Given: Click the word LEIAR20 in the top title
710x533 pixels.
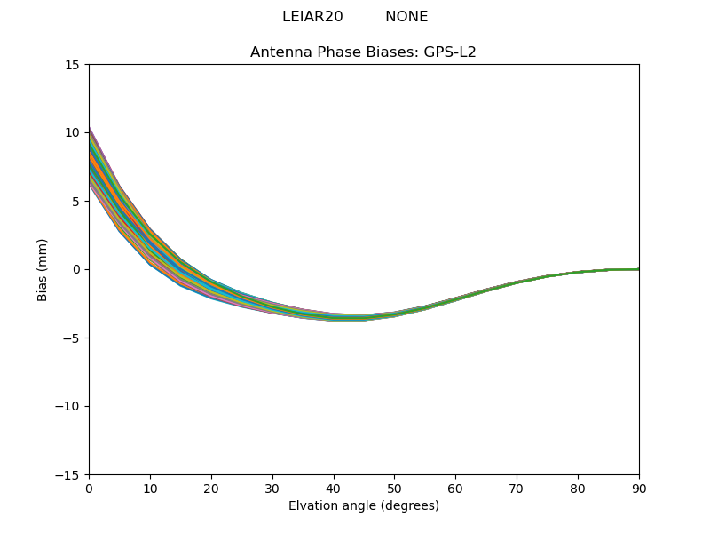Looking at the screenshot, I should tap(312, 17).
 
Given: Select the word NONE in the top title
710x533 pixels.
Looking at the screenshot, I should tap(406, 17).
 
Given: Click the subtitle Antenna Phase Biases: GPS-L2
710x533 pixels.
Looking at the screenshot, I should tap(363, 52).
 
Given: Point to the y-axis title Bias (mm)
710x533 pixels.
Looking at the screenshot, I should tap(43, 269).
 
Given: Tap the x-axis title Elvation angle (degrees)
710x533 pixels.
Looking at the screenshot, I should tap(364, 506).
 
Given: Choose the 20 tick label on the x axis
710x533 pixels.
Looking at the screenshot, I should tap(211, 489).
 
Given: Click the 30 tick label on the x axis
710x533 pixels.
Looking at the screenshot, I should tap(272, 489).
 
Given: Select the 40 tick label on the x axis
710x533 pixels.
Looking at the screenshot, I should tap(334, 489).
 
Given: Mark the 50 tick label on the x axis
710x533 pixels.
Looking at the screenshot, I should tap(394, 489).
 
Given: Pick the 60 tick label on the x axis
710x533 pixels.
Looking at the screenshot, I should tap(455, 489).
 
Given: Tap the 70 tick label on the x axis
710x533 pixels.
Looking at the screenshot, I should tap(517, 489).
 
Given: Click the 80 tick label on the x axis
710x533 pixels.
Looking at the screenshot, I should tap(578, 489).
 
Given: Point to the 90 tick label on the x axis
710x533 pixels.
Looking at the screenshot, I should tap(639, 489).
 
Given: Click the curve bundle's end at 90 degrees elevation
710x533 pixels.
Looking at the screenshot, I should tap(638, 269).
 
